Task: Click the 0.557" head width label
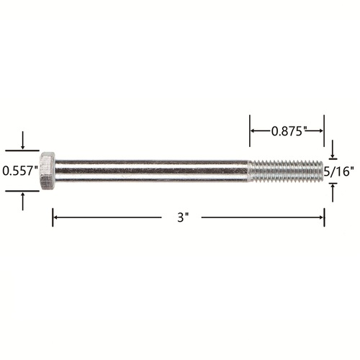pos(20,171)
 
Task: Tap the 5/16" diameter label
pos(339,171)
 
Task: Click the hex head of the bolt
pos(48,171)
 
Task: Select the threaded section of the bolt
pos(286,171)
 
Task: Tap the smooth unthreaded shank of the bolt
pos(152,171)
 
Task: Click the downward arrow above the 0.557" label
pos(22,140)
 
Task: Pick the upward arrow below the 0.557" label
pos(22,202)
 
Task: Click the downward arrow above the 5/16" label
pos(333,149)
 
